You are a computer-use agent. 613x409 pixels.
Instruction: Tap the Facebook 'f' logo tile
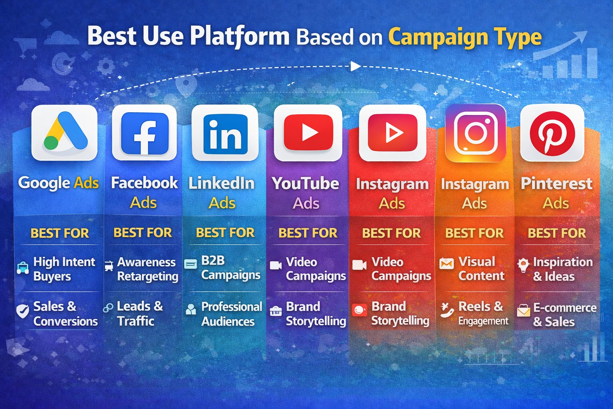coord(144,133)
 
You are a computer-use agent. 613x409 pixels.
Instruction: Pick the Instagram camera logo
coord(476,133)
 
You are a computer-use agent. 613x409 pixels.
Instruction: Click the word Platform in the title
coord(240,37)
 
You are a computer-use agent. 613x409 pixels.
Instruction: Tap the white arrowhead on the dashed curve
coord(356,66)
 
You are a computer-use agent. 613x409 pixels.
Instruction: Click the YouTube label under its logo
coord(305,183)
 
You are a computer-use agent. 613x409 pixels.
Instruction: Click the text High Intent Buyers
coord(64,269)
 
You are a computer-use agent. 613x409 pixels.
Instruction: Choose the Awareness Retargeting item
coord(148,269)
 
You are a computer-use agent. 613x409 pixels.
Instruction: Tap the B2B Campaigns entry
coord(231,268)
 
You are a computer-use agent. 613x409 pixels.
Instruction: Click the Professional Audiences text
coord(231,314)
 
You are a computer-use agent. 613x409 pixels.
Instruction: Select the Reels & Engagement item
coord(483,313)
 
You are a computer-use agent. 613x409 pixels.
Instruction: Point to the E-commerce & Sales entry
coord(565,314)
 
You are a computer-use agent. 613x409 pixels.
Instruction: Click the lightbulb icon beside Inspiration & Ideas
coord(524,265)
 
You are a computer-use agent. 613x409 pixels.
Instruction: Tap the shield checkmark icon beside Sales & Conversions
coord(23,311)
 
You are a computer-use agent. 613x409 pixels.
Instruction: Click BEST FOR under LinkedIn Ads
coord(225,233)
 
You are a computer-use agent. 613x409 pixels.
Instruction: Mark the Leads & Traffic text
coord(140,314)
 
